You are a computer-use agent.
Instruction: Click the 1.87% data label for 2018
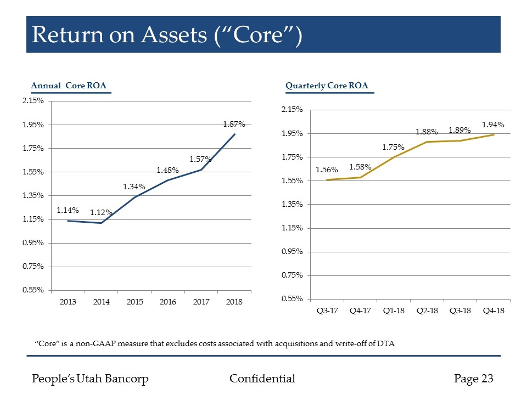234,125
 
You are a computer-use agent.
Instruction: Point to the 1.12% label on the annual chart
102,213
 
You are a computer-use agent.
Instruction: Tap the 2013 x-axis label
68,302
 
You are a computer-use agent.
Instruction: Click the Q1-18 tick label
394,311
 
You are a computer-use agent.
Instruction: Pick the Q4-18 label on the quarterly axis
494,311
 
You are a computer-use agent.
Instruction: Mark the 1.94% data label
493,125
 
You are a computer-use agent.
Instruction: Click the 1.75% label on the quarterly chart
393,147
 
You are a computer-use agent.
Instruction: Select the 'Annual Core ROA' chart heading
69,86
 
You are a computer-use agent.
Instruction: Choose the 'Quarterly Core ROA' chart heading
327,86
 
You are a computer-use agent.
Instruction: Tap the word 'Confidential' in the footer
262,379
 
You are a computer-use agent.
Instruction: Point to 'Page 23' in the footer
474,379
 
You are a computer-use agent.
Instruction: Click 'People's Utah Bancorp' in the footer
91,379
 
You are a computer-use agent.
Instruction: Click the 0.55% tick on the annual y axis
32,290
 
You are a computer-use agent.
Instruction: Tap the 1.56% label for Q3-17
327,170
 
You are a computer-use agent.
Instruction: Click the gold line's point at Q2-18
427,142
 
